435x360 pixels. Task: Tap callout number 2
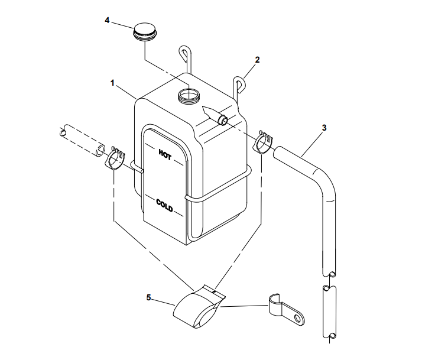pyautogui.click(x=257, y=60)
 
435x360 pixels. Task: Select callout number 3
pyautogui.click(x=323, y=128)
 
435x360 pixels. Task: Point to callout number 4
pyautogui.click(x=107, y=20)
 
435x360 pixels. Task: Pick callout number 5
pyautogui.click(x=148, y=299)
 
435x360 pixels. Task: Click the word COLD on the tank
pyautogui.click(x=165, y=205)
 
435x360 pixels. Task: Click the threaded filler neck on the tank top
pyautogui.click(x=190, y=95)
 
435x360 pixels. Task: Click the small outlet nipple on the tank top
pyautogui.click(x=223, y=121)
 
